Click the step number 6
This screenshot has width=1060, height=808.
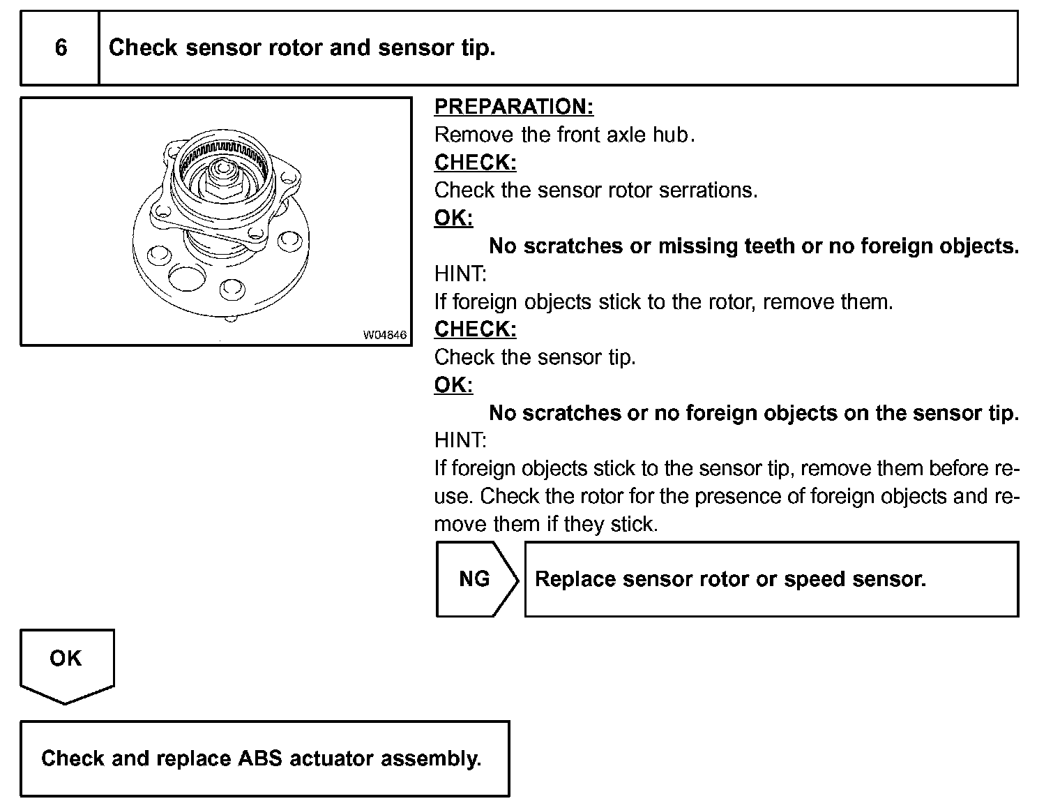(61, 48)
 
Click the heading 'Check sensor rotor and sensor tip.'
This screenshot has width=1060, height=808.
(302, 48)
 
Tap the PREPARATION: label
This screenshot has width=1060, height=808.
(514, 107)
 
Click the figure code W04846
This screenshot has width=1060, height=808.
(384, 335)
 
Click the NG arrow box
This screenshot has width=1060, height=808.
(476, 579)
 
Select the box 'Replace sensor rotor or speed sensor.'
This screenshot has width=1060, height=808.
(771, 579)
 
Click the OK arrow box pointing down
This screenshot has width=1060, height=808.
(66, 663)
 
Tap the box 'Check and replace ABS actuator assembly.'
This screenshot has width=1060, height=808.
(264, 758)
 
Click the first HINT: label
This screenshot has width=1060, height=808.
(460, 274)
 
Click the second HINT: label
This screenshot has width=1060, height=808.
(460, 440)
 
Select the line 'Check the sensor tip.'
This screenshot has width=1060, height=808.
(535, 357)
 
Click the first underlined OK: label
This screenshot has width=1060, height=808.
(453, 218)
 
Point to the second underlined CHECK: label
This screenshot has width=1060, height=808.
(476, 329)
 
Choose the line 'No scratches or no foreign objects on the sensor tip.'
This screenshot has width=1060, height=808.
(754, 413)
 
